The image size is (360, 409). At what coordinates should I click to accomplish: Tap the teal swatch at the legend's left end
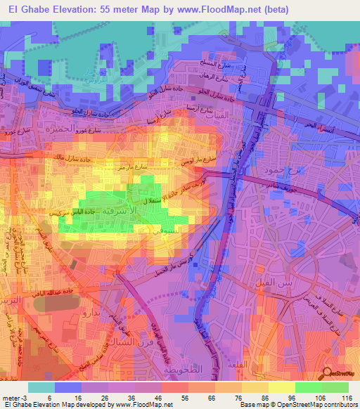(41, 387)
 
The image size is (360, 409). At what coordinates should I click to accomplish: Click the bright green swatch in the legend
(308, 387)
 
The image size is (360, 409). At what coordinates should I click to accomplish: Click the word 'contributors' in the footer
(337, 405)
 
